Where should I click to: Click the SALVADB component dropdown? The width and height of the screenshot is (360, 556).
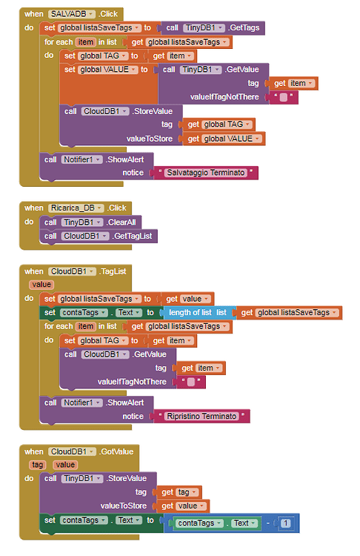(72, 14)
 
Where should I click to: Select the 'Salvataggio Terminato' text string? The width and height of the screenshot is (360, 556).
(206, 173)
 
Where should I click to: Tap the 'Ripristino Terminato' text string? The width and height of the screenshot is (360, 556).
(201, 416)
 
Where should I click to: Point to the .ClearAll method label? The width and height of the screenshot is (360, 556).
(121, 222)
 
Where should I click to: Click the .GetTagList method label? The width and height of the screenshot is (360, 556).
(132, 236)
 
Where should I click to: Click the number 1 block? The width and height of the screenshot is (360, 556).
(286, 523)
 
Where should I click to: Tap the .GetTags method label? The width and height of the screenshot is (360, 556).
(244, 27)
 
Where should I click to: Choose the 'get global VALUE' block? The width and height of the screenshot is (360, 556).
(224, 139)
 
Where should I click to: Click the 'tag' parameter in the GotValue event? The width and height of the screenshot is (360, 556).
(38, 465)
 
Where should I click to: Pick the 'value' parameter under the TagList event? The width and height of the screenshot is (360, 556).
(41, 285)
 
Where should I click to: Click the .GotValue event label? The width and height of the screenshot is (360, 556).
(116, 451)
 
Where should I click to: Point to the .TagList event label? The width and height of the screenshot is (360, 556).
(113, 271)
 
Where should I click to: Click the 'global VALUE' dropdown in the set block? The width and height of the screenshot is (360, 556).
(107, 70)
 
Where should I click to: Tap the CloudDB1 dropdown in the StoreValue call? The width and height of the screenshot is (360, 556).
(105, 111)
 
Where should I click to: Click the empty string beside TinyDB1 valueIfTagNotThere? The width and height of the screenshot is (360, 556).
(284, 97)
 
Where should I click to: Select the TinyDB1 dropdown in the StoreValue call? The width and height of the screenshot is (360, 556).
(82, 478)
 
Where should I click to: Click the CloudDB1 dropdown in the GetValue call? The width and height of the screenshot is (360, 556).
(105, 354)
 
